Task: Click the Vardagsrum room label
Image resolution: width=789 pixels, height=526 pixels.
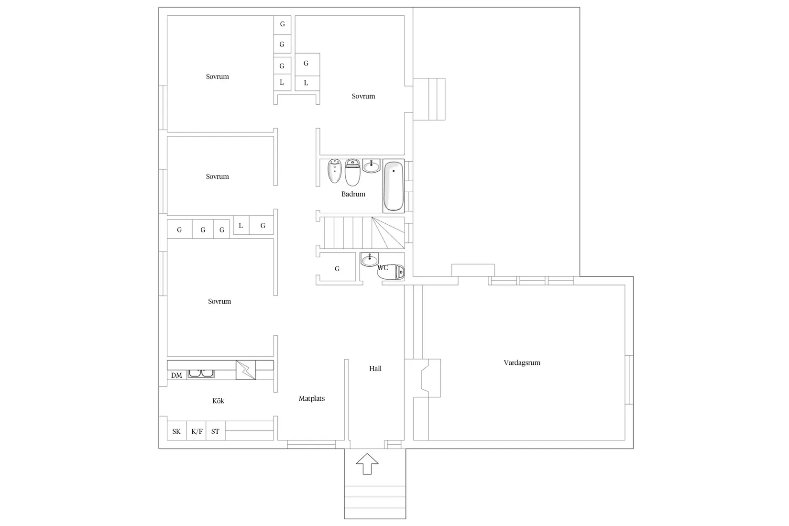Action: (522, 363)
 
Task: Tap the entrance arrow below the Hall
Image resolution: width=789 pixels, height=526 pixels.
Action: (367, 464)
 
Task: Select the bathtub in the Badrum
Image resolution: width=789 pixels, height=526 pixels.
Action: (394, 186)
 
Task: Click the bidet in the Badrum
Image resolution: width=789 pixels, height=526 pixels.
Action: (335, 171)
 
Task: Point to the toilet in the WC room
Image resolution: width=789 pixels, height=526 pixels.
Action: (391, 273)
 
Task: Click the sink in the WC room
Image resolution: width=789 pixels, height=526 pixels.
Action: (370, 260)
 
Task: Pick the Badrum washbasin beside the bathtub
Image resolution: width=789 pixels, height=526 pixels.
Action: (371, 165)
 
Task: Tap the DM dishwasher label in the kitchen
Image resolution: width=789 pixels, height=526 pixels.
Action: (176, 375)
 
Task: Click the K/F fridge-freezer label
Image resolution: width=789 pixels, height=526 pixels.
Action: (197, 432)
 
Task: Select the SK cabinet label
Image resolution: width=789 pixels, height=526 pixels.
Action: (176, 432)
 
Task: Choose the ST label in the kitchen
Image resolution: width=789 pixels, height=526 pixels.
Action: (215, 432)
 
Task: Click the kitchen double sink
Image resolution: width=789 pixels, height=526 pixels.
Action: (201, 374)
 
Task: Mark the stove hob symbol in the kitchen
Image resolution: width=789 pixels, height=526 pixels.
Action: (245, 370)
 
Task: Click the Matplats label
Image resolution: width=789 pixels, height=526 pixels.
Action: (312, 399)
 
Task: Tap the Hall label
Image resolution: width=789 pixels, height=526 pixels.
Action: (375, 369)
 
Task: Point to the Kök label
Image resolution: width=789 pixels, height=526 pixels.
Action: (219, 401)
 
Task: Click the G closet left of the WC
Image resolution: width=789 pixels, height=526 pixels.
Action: (337, 269)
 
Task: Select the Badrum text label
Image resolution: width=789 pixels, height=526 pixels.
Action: (353, 194)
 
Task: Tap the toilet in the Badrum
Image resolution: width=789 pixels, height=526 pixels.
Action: (352, 172)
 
